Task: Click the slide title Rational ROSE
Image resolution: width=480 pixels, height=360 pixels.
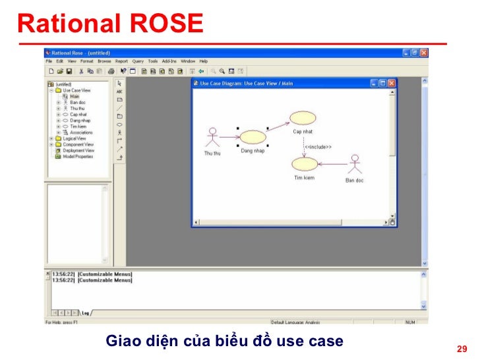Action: click(x=110, y=24)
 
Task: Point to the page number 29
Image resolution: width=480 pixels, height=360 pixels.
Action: click(x=462, y=349)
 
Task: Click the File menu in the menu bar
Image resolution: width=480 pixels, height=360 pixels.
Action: click(x=49, y=61)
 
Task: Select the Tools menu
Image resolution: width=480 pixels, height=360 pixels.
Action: click(x=152, y=61)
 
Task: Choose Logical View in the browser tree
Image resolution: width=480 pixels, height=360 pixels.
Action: click(x=75, y=138)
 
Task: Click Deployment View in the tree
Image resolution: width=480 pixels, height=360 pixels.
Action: click(x=78, y=150)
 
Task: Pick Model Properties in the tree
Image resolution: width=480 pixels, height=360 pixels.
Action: click(x=78, y=156)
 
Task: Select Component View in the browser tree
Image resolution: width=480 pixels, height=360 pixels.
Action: click(x=78, y=144)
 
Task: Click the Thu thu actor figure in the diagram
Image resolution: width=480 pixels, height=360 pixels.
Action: click(x=212, y=137)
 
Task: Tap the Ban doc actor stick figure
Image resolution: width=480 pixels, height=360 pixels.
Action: click(x=355, y=165)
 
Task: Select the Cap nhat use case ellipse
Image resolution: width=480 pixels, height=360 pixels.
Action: click(x=303, y=118)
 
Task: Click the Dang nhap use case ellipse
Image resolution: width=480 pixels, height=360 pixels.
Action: click(x=252, y=137)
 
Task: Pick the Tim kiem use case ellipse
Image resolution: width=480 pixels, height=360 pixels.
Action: click(x=304, y=164)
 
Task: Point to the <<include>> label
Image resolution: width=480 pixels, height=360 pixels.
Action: click(x=318, y=146)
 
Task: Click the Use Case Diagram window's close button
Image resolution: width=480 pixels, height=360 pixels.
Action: click(x=392, y=83)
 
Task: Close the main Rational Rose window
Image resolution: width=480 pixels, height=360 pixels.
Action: click(x=424, y=53)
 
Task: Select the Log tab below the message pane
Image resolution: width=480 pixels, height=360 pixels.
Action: click(x=86, y=313)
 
